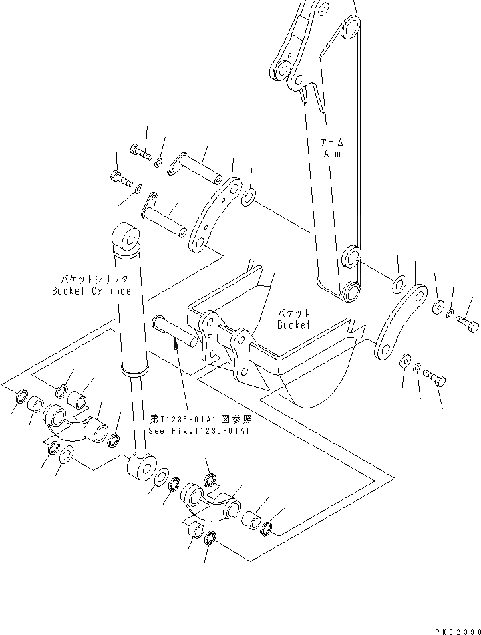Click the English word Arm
(331, 154)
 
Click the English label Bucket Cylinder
(94, 291)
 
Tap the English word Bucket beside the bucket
(294, 325)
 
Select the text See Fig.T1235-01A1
(199, 430)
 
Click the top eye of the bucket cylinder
(128, 238)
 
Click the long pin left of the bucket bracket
(174, 330)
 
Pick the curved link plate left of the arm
(215, 214)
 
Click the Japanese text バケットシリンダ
(94, 279)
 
